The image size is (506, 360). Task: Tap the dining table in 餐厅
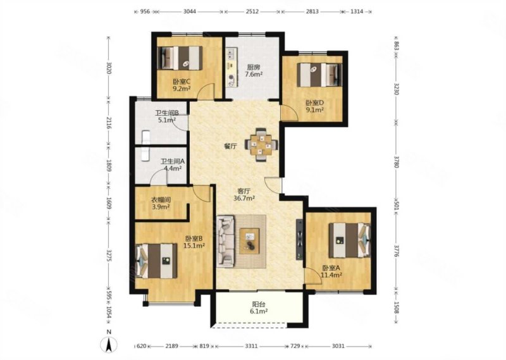click(x=262, y=145)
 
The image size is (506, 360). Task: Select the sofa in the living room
click(x=226, y=241)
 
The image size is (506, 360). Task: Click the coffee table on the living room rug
click(x=249, y=241)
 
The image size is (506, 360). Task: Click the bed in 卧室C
click(x=180, y=58)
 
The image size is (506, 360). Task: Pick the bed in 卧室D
click(x=319, y=75)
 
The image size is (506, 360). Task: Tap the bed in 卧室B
click(x=156, y=261)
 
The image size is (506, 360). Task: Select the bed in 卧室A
click(x=350, y=240)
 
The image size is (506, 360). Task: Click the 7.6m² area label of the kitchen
click(x=254, y=74)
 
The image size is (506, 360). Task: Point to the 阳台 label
click(x=259, y=304)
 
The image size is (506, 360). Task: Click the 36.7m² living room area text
click(x=244, y=198)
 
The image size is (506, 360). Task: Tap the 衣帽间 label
click(x=161, y=200)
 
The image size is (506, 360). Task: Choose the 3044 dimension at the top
click(x=189, y=11)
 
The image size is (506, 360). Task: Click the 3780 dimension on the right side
click(x=397, y=161)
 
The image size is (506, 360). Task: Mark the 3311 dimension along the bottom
click(x=251, y=346)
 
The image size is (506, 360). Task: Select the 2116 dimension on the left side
click(x=109, y=123)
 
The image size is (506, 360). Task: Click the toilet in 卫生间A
click(x=145, y=154)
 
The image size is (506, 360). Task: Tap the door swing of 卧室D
click(x=289, y=113)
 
